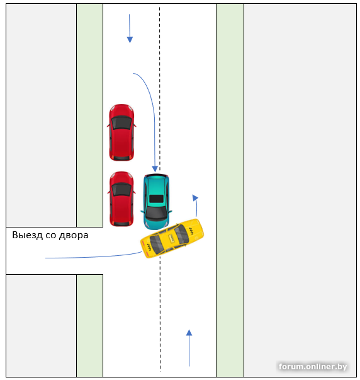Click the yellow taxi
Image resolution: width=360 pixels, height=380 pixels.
172,238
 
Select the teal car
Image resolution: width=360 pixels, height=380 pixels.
156,202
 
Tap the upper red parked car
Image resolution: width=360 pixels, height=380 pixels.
121,132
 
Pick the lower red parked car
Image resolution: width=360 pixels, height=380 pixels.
121,199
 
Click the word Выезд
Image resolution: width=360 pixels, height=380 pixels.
27,235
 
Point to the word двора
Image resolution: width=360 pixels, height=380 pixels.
74,236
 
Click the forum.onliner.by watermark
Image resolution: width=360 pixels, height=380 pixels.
313,366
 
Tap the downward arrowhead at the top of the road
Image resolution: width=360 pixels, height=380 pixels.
130,40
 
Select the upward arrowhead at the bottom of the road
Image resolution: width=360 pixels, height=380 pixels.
189,333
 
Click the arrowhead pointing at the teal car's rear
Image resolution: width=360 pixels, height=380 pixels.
155,169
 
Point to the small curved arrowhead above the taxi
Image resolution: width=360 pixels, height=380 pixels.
195,197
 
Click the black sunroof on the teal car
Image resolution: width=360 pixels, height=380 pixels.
156,199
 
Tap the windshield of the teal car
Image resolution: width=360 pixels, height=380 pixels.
156,212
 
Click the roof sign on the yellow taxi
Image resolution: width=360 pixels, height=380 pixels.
172,238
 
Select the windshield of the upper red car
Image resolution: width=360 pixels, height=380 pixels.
121,123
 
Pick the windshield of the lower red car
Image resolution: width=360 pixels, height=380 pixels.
121,190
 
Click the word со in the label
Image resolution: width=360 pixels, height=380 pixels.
51,236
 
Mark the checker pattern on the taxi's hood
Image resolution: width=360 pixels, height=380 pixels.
191,231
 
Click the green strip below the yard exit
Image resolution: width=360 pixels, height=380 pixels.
89,325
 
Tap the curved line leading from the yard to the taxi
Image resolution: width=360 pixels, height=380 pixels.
94,257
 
